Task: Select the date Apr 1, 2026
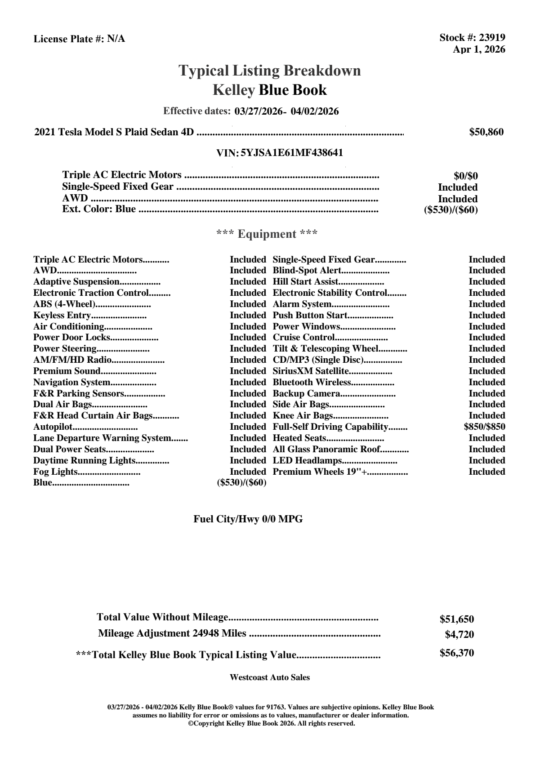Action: tap(479, 49)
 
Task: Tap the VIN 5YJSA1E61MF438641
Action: tap(292, 153)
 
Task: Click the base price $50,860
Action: tap(486, 132)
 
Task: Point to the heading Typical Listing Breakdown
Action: tap(270, 71)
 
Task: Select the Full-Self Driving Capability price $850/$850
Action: tap(484, 427)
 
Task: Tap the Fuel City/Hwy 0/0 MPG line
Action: tap(248, 519)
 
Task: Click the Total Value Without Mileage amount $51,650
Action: tap(457, 619)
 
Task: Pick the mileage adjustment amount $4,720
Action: tap(459, 635)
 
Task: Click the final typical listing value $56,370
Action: tap(457, 653)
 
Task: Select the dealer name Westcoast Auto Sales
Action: tap(270, 677)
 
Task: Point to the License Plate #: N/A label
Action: tap(80, 39)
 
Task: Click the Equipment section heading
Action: tap(267, 234)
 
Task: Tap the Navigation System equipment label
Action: tap(72, 383)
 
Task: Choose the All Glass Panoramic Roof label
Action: tap(327, 450)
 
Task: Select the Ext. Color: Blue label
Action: tap(99, 209)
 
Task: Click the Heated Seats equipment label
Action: tap(299, 438)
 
